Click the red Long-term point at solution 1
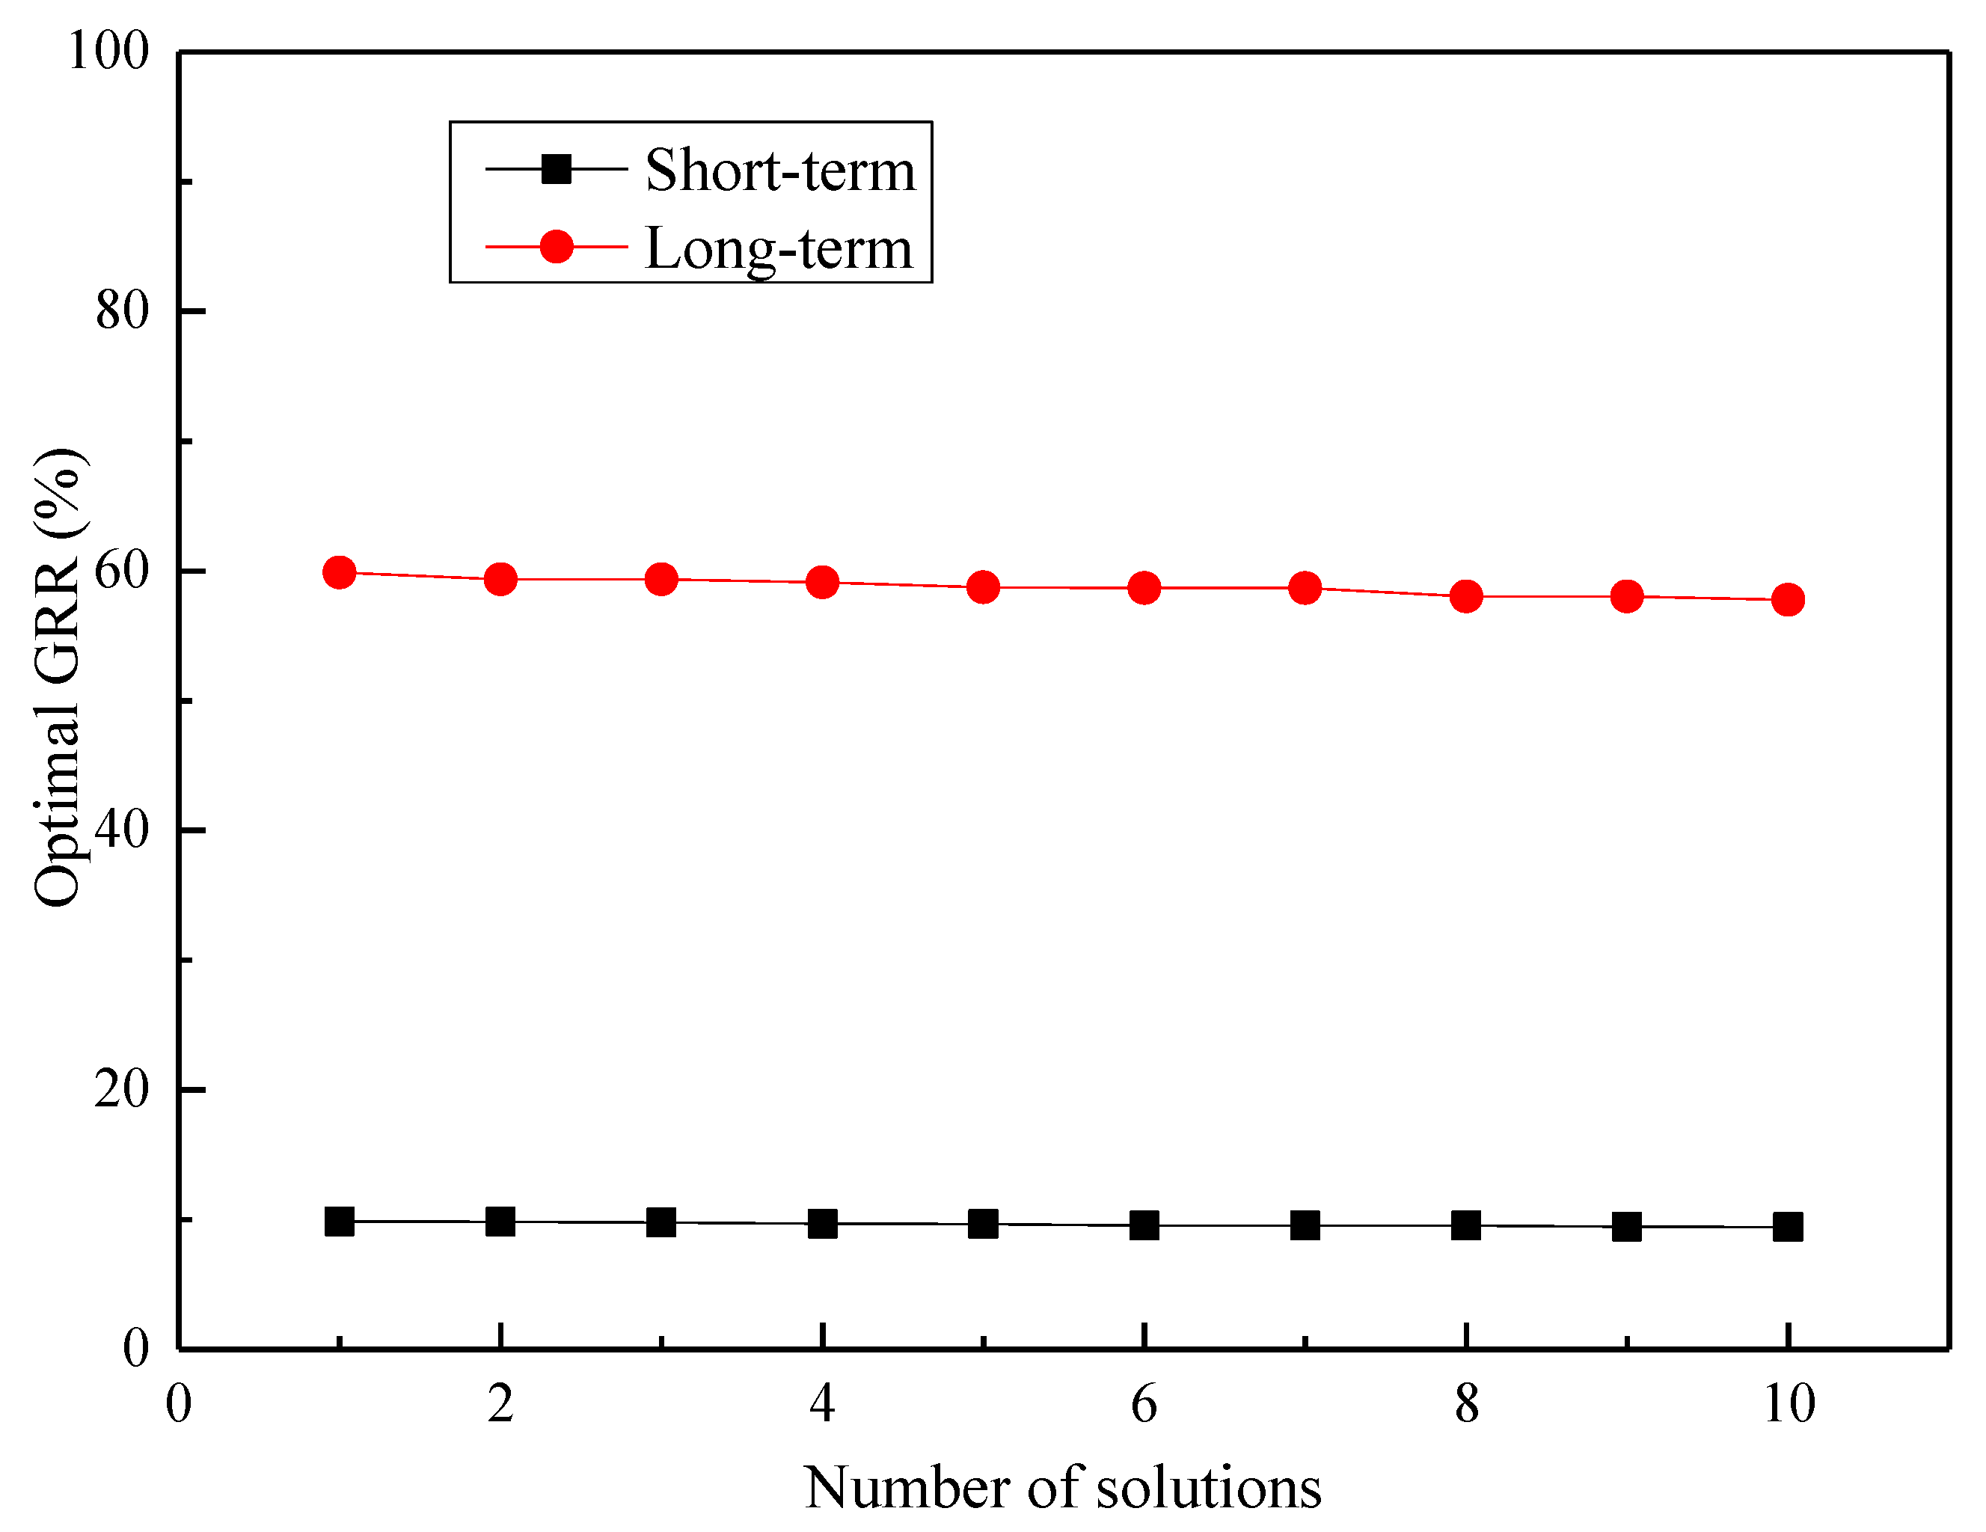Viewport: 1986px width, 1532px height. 339,573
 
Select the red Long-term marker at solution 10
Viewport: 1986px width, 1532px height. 1788,599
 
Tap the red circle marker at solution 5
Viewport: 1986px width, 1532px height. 983,587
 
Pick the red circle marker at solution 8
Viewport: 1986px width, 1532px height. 1466,596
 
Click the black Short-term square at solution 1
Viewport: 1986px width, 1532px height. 339,1221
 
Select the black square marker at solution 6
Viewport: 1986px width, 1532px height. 1144,1225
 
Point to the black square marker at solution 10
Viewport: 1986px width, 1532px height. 1788,1228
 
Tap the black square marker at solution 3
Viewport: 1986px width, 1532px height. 661,1222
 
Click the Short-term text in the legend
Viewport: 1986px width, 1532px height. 780,170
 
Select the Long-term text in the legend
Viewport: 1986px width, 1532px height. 779,248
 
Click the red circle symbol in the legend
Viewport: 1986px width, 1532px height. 556,246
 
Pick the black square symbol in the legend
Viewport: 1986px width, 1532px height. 556,168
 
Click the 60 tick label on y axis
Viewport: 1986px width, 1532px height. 122,570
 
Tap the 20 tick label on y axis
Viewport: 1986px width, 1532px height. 122,1088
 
